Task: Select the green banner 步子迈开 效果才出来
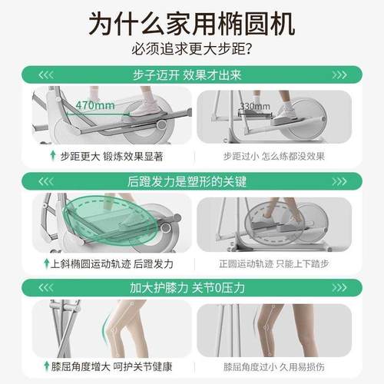[x=191, y=74]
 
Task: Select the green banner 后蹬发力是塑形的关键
[x=191, y=181]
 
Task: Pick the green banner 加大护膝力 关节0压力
[x=191, y=288]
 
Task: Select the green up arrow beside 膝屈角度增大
[x=47, y=366]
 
